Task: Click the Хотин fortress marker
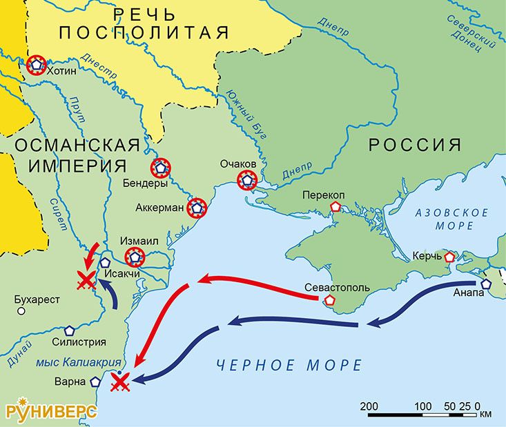(36, 66)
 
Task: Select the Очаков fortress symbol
(246, 181)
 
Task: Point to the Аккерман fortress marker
(197, 207)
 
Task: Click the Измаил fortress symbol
(135, 258)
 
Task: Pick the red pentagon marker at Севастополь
(330, 301)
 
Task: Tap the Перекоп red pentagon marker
(335, 206)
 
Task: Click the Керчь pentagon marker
(449, 257)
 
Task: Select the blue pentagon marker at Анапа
(487, 284)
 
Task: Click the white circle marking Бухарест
(21, 311)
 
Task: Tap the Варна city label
(72, 381)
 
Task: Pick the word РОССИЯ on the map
(414, 144)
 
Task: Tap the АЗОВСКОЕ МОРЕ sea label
(452, 219)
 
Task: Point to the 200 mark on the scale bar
(368, 405)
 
